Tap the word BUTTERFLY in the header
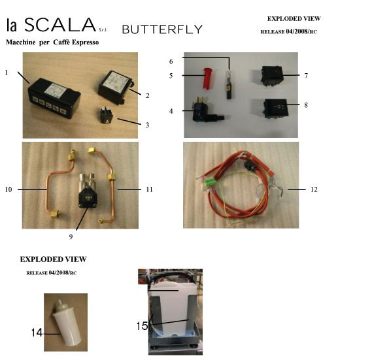163,29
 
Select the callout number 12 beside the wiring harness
314,189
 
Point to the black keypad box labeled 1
54,98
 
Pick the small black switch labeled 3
107,115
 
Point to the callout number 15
142,325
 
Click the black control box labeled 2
116,87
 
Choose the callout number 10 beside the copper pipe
8,189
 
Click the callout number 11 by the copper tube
149,189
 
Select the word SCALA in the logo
60,25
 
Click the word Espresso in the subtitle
86,42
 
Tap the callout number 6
171,61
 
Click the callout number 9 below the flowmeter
71,237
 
